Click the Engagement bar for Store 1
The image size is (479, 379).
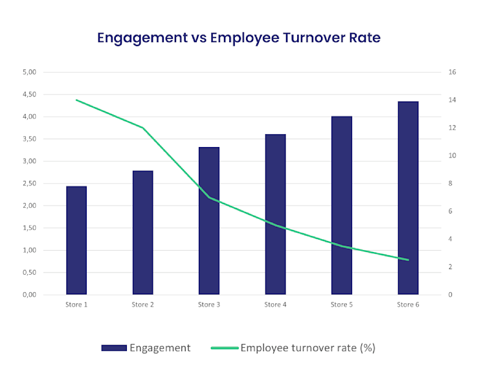[76, 240]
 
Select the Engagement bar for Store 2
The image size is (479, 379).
[142, 233]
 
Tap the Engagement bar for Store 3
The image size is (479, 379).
[209, 221]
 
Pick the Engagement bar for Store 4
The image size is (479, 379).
[276, 214]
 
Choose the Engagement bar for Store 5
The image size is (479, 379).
[342, 205]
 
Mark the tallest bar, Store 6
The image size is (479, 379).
[408, 198]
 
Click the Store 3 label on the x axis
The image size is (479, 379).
[209, 304]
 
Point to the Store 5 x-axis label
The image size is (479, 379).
[342, 304]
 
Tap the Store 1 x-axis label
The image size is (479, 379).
[76, 304]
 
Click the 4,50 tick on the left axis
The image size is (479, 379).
[30, 95]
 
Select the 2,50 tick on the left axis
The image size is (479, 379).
[30, 184]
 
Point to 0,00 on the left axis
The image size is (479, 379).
[30, 295]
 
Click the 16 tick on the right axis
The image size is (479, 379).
[452, 72]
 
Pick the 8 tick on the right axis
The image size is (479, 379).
[451, 183]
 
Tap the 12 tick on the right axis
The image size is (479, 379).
[452, 128]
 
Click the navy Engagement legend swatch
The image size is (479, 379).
[113, 348]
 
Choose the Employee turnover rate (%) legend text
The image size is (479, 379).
[307, 348]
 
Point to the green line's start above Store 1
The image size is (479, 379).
[76, 100]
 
